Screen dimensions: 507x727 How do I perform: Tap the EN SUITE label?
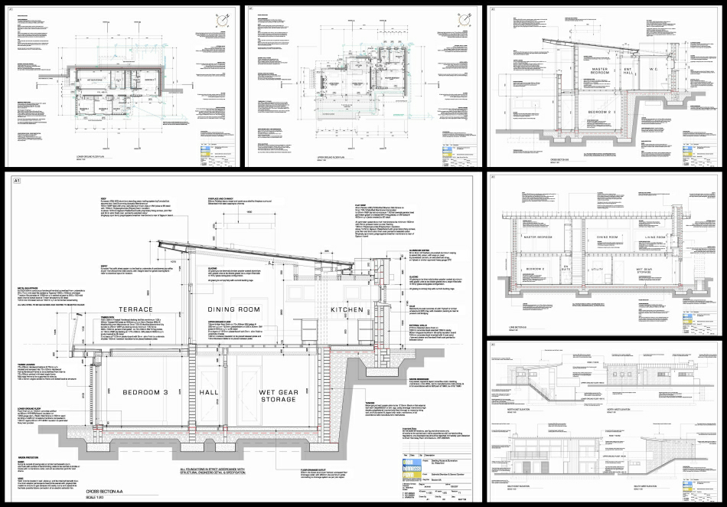568,269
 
